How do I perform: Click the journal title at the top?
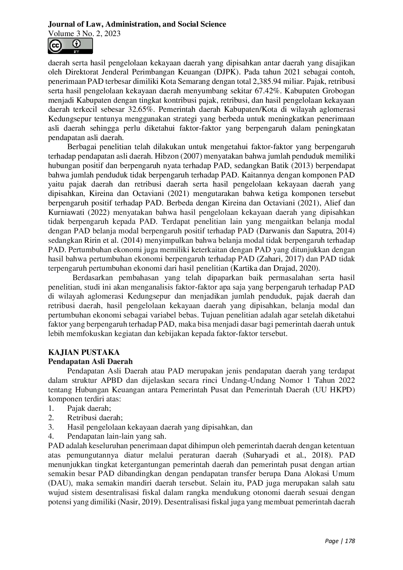coord(137,24)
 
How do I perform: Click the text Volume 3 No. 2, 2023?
coord(84,33)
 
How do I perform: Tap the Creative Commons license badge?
coord(70,46)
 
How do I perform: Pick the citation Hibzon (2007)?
coord(179,156)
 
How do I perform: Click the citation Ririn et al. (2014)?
coord(111,241)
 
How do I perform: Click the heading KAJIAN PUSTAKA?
coord(84,353)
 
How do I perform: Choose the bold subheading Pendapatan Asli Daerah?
coord(90,362)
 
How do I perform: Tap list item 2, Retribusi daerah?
coord(95,418)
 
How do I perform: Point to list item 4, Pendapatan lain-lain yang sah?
coord(117,436)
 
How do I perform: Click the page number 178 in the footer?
coord(350,541)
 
